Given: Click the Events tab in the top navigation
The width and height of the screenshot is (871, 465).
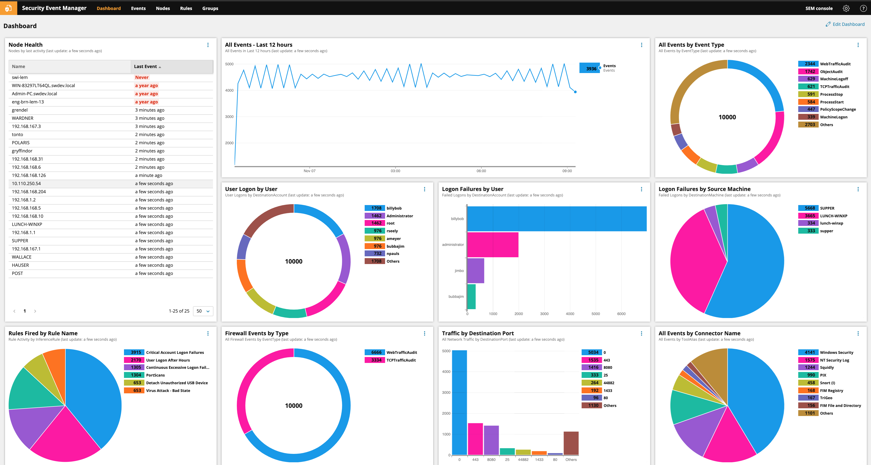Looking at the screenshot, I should coord(138,8).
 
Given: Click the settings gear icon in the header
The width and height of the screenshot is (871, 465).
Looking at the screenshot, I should coord(846,8).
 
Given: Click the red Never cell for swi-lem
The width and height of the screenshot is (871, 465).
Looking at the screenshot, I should coord(142,77).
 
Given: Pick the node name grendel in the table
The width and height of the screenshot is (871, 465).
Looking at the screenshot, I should coord(20,110).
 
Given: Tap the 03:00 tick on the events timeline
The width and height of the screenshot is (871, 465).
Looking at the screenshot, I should coord(395,171).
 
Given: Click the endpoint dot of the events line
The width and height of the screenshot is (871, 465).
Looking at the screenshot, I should coord(575,92).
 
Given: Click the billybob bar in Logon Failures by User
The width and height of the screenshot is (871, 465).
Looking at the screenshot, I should coord(557,219).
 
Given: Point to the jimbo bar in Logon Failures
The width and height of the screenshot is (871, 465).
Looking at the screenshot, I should coord(476,270).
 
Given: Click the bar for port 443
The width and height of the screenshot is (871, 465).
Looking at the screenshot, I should coord(475,439).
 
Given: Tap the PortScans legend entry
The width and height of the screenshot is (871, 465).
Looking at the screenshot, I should coord(155,375).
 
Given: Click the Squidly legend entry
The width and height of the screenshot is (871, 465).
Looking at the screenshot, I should coord(827,367).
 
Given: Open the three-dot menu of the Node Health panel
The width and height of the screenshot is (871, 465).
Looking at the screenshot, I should coord(208,45).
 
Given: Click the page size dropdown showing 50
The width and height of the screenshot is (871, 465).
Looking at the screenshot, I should coord(203,311).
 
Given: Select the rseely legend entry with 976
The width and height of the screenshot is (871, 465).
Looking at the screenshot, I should coord(392,231).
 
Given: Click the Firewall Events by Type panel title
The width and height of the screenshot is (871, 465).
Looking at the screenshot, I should coord(257,333).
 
